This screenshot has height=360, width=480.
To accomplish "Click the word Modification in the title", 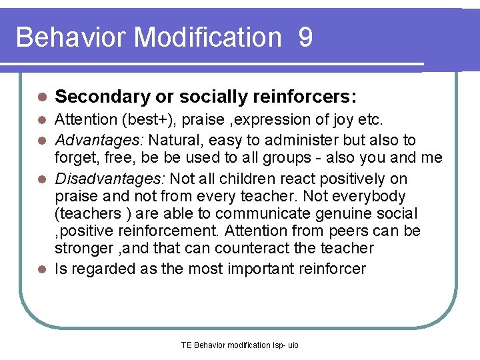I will tap(208, 37).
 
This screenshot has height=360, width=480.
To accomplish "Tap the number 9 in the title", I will tap(305, 37).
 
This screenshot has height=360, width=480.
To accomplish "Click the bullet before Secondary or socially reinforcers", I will tap(41, 97).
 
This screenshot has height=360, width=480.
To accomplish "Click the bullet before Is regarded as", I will tap(41, 269).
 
